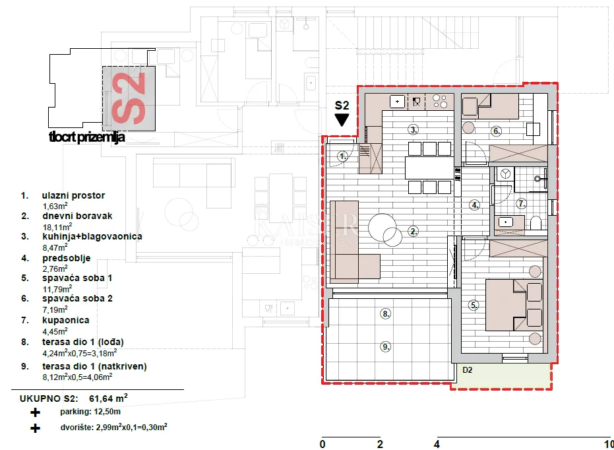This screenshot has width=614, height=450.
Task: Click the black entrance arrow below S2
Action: point(342,120)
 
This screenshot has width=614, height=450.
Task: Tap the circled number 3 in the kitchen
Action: point(413,129)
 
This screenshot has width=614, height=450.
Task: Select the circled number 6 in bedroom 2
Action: point(497,131)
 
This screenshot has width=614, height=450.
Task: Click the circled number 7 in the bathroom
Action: point(522,204)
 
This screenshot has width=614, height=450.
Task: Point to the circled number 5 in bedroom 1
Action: point(474,305)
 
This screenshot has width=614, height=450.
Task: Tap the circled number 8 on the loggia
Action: point(386,313)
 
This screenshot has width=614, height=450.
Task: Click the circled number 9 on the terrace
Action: point(386,346)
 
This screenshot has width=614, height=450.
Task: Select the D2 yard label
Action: point(468,370)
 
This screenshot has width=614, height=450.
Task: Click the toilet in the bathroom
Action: point(536,223)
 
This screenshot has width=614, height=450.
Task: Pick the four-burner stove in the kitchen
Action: point(440,102)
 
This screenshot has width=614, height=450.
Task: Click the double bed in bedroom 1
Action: point(514,305)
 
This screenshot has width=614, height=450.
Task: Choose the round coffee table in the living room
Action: point(383,228)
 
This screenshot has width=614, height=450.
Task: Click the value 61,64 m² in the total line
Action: point(108,399)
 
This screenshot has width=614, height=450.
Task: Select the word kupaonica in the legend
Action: point(66,321)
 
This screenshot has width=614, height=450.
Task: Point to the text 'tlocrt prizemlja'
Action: point(87,137)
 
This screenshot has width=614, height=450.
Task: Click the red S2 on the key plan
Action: point(129,98)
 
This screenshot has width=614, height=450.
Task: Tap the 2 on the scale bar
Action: point(380,445)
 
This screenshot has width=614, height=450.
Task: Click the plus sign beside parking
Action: point(35,412)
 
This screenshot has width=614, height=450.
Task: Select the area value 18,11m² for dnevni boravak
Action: point(57,227)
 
